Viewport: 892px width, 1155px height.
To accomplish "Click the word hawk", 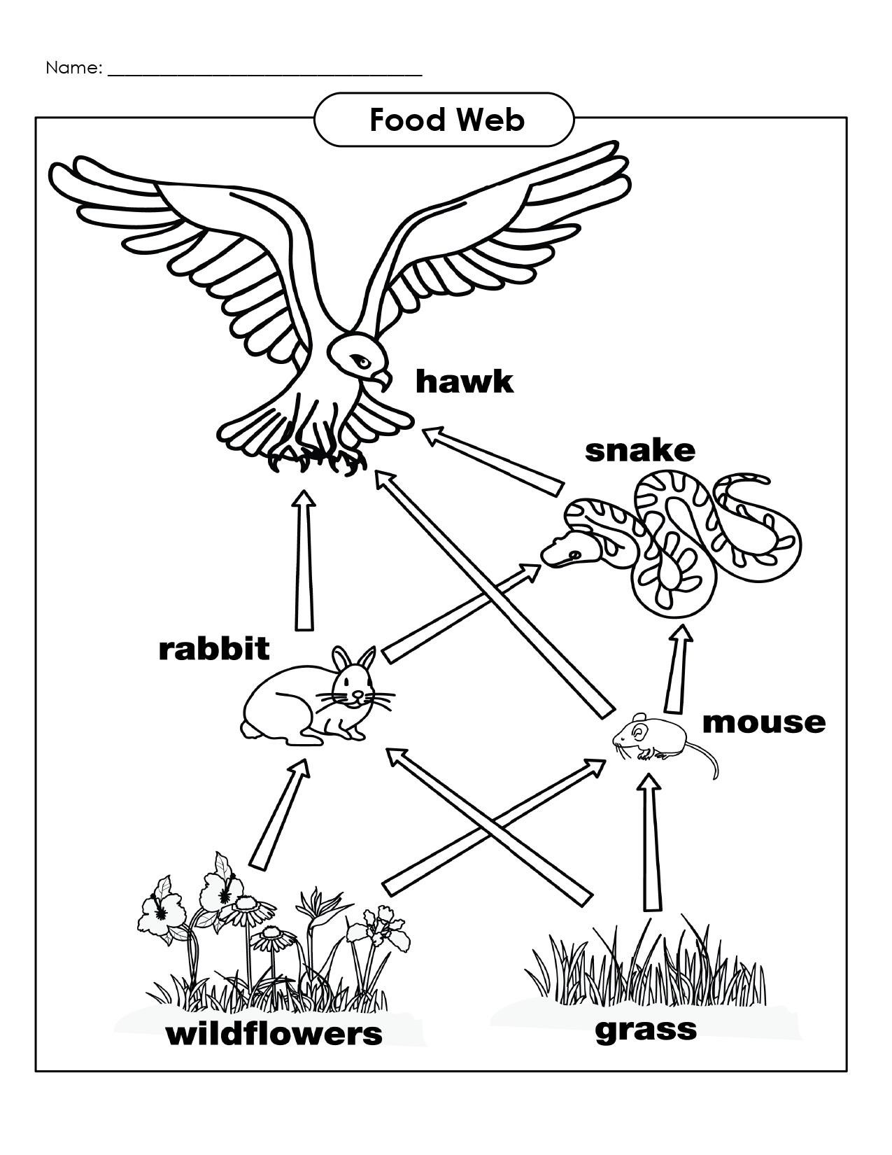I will click(464, 382).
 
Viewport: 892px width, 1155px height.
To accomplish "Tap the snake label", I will click(639, 451).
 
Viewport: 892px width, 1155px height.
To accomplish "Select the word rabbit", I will click(213, 649).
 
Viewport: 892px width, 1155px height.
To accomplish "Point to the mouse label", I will click(763, 722).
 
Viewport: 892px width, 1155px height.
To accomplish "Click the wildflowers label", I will click(274, 1033).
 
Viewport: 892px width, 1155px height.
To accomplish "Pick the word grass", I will click(645, 1029).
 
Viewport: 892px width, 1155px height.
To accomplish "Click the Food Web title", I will click(446, 120).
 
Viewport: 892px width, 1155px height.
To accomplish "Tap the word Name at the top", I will click(73, 68).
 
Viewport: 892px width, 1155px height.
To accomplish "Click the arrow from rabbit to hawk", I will click(304, 560).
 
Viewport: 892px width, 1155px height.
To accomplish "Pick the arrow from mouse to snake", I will click(677, 668).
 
